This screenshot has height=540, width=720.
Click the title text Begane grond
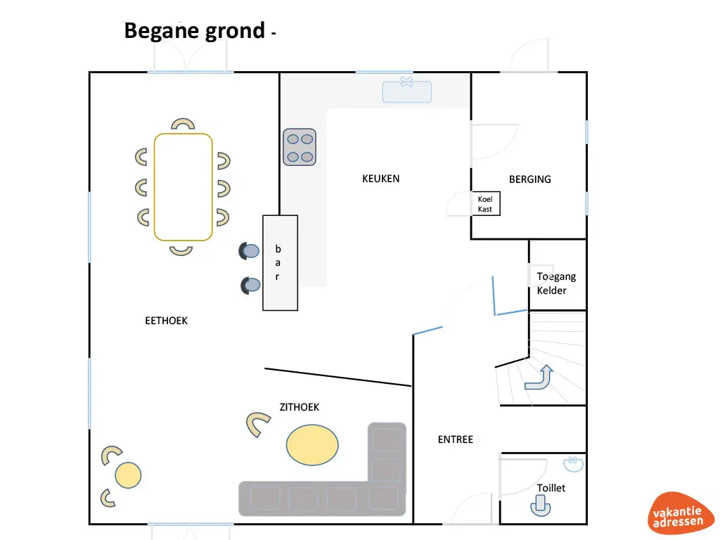point(195,31)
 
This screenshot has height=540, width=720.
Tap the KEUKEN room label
point(380,179)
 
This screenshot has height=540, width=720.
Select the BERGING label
point(529,179)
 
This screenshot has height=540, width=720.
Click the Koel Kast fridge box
point(485,204)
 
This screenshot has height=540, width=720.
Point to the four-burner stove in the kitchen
point(300,148)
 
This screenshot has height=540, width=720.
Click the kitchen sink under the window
point(406,91)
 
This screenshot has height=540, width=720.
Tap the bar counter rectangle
point(280,263)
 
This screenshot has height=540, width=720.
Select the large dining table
point(183,187)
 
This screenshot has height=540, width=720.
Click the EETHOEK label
point(166,321)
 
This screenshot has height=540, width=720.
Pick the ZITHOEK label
point(300,407)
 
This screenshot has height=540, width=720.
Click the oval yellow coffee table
point(312,444)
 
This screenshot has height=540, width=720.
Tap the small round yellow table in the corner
point(128,475)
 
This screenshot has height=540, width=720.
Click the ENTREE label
point(456,439)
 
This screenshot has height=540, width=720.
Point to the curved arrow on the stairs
point(539,378)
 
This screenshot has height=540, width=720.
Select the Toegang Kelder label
point(551,283)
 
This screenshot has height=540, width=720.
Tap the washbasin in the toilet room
point(573,463)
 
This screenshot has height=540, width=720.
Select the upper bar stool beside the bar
point(250,250)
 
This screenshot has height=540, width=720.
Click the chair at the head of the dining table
point(183,124)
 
